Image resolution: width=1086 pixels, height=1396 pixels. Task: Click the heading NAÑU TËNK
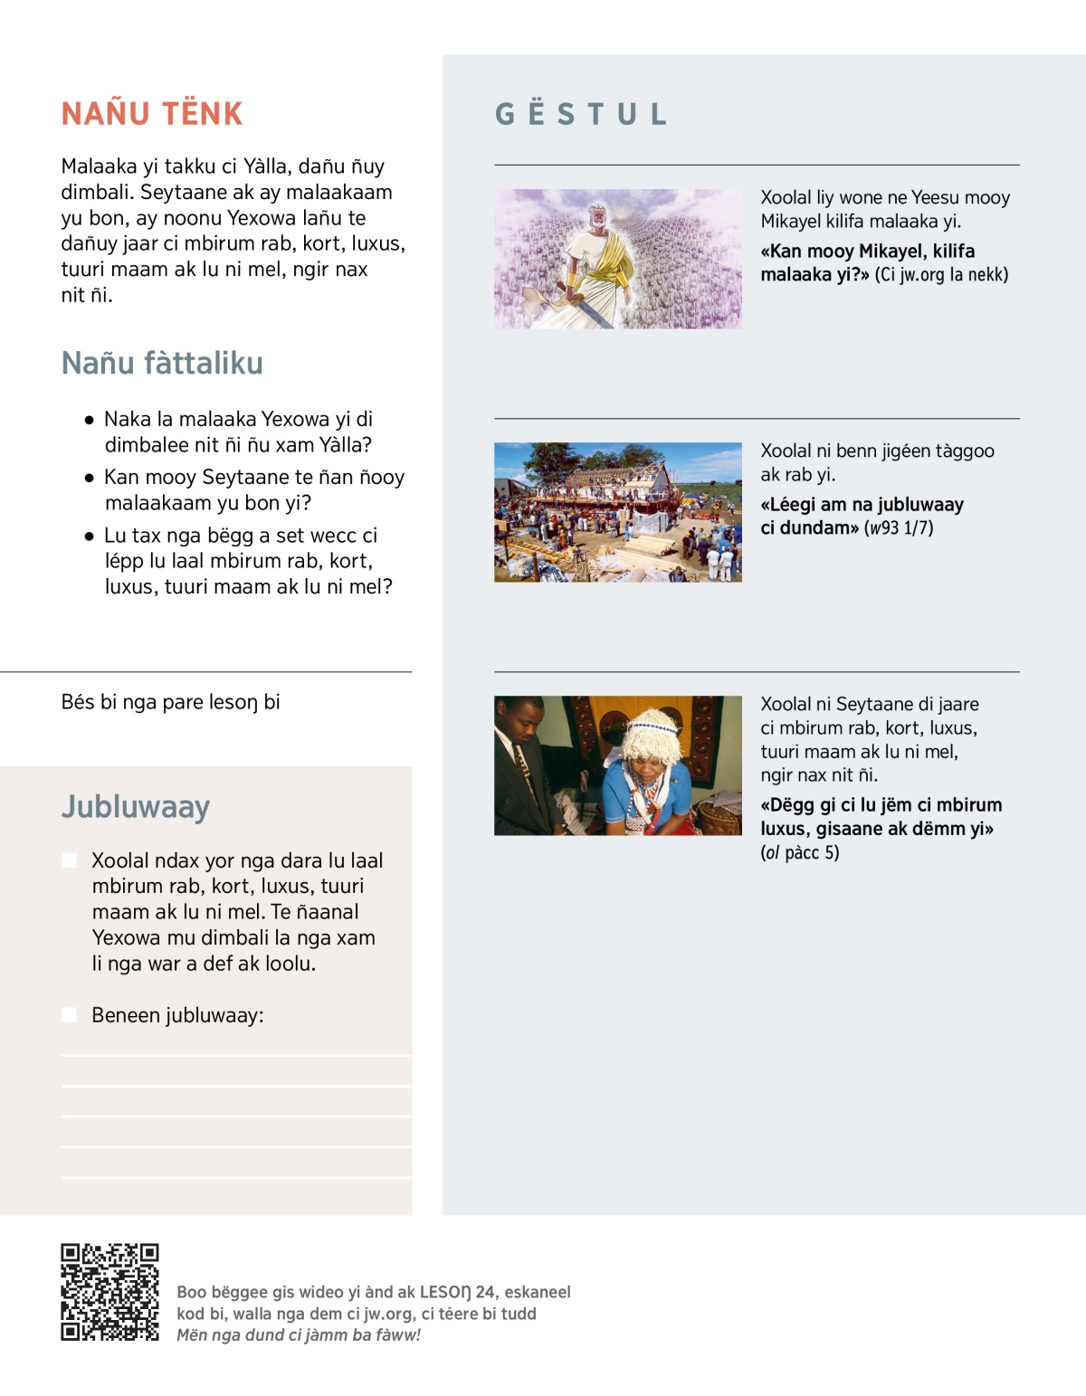coord(152,114)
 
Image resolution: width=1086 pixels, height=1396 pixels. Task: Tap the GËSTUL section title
coord(580,114)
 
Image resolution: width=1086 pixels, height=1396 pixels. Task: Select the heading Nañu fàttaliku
coord(162,364)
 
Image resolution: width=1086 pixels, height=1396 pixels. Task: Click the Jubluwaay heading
coord(136,807)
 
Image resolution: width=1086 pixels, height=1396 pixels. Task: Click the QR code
coord(110,1292)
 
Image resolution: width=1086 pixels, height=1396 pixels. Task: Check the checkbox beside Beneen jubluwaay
coord(70,1015)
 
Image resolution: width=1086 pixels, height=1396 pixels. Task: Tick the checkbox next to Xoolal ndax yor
coord(70,860)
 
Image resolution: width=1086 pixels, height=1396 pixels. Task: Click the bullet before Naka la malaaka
coord(89,420)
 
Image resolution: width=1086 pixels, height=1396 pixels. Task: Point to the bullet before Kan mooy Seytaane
coord(89,478)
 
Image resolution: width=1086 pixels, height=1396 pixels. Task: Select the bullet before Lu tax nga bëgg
coord(89,536)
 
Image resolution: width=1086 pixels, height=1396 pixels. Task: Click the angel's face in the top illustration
coord(596,218)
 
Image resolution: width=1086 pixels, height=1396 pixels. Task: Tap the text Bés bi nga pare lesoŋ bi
coord(170,702)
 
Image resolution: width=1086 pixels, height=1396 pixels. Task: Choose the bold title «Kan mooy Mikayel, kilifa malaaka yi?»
coord(867,262)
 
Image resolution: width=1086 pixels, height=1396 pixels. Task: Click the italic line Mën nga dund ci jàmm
coord(299,1335)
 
